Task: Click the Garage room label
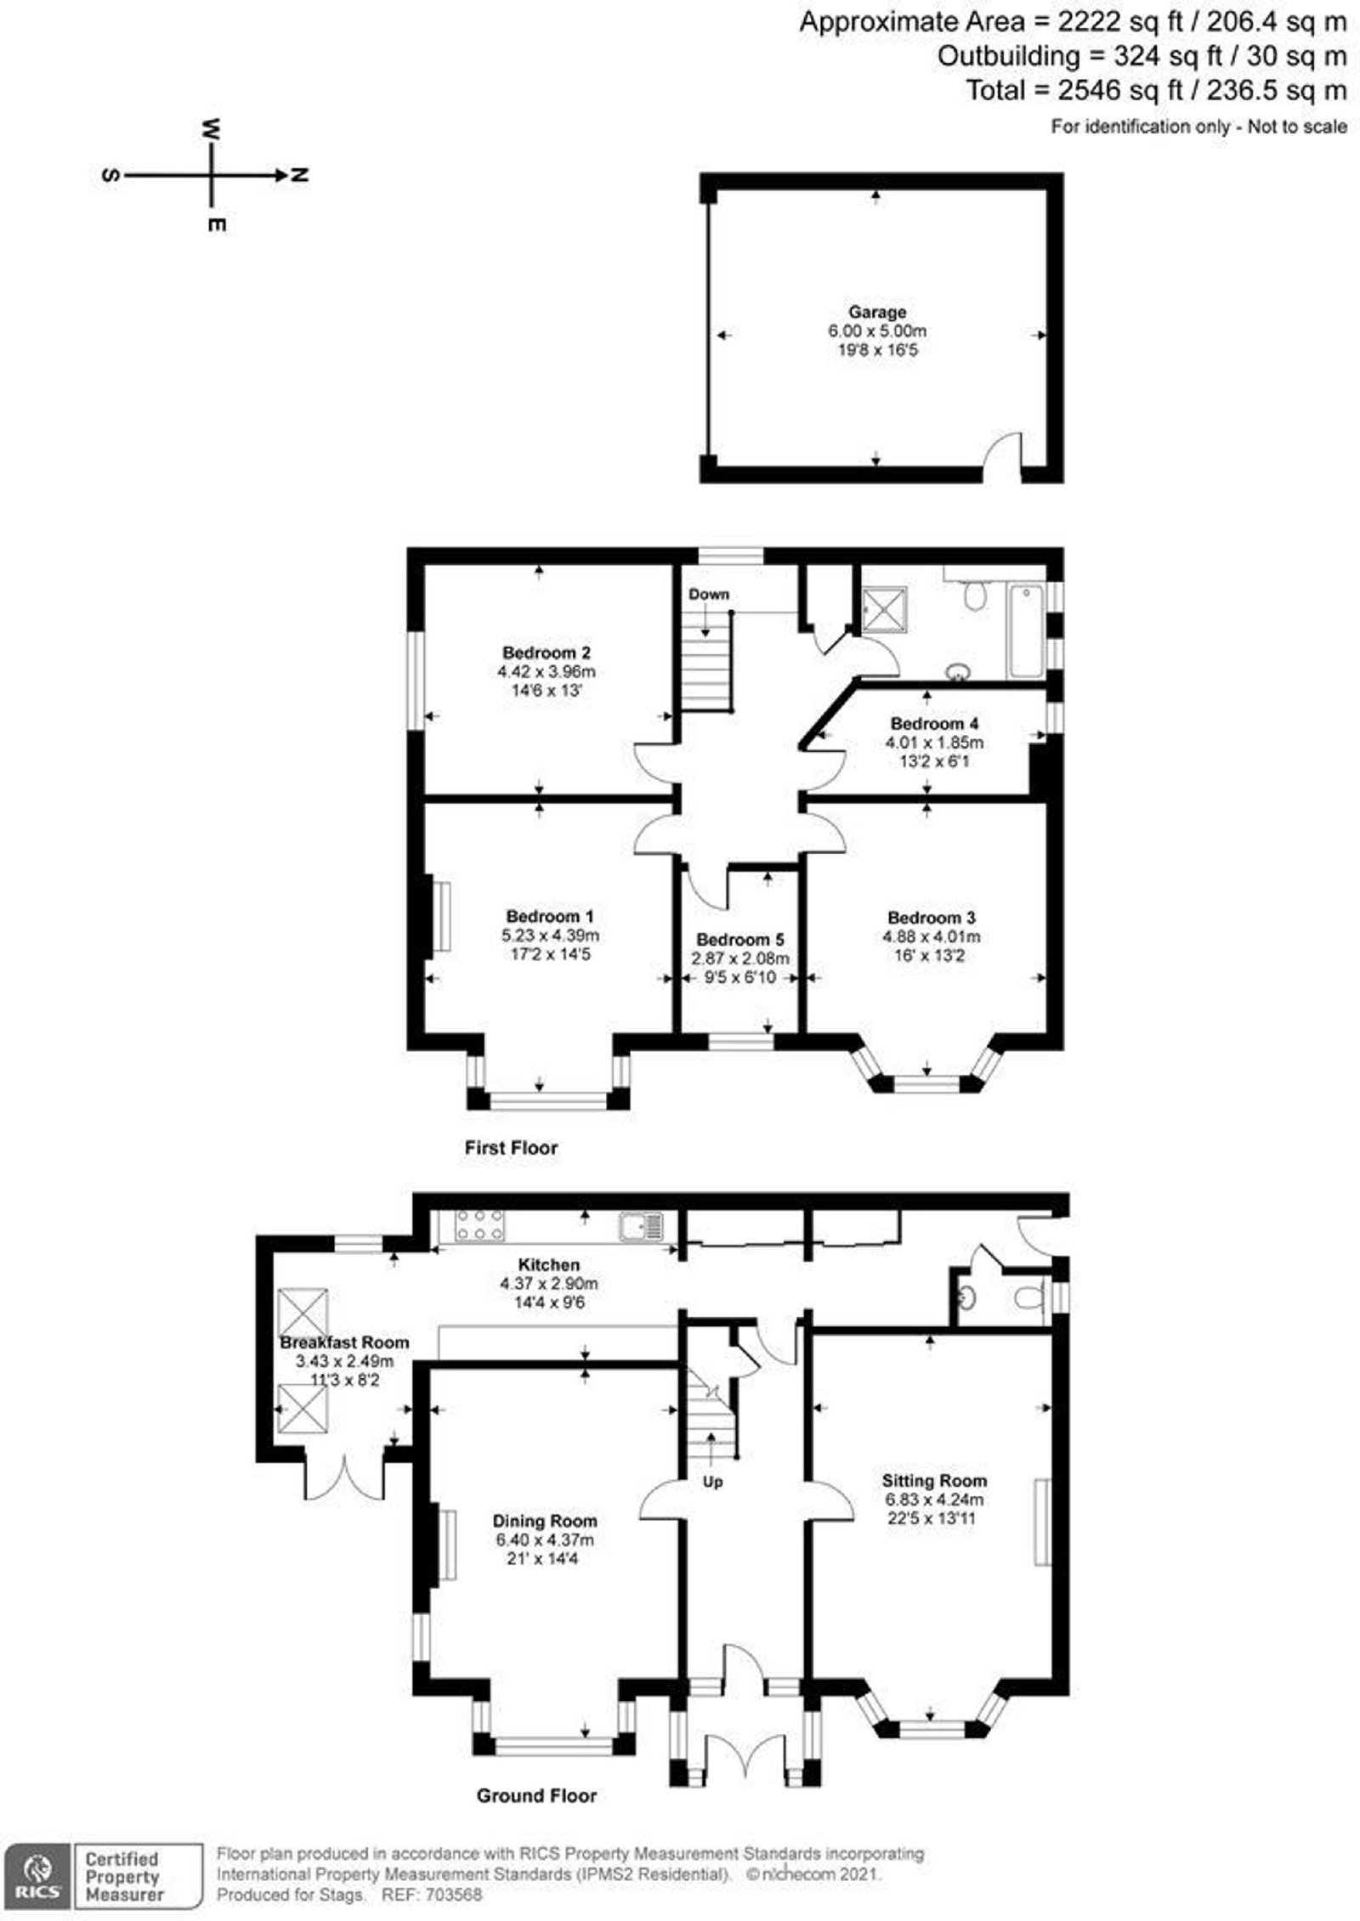pyautogui.click(x=876, y=312)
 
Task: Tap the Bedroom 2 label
pyautogui.click(x=547, y=653)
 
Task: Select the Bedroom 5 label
pyautogui.click(x=740, y=940)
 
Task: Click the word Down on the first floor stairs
pyautogui.click(x=709, y=594)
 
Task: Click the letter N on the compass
pyautogui.click(x=299, y=175)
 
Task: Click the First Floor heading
pyautogui.click(x=511, y=1148)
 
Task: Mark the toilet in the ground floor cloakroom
pyautogui.click(x=1029, y=1299)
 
